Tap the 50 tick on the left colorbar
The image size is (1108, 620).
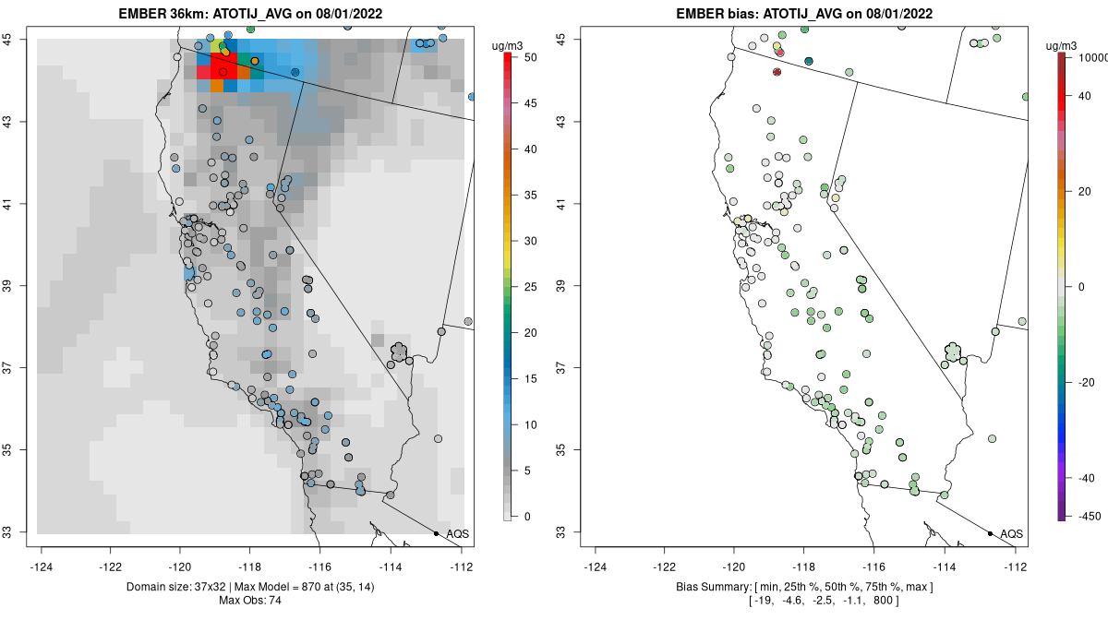coord(530,57)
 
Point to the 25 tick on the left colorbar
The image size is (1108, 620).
coord(530,287)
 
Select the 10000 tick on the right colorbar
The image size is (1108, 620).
coord(1092,57)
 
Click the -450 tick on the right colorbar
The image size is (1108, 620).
coord(1089,517)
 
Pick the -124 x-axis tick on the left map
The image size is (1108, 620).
coord(41,567)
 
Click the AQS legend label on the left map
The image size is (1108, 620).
coord(458,534)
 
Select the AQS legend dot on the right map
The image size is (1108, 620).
coord(990,533)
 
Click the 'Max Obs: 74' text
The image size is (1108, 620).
coord(250,601)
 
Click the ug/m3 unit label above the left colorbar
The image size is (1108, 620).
coord(507,46)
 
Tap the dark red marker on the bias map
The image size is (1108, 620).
coord(777,72)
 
